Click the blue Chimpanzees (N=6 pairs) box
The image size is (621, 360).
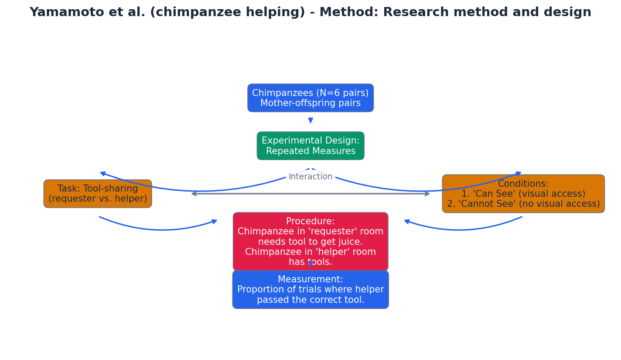[x=310, y=98]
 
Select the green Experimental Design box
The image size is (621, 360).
[x=310, y=146]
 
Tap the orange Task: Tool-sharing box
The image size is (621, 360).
[x=98, y=194]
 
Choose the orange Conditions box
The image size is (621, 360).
[x=523, y=194]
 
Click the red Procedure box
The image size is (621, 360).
[x=310, y=241]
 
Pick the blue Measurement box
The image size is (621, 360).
[x=310, y=289]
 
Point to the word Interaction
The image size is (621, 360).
[x=310, y=177]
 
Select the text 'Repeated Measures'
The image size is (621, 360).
[x=310, y=151]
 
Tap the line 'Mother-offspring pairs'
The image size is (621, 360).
[x=310, y=103]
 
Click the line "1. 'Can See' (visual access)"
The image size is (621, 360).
[x=523, y=194]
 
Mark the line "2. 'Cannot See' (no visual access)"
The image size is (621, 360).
[x=523, y=204]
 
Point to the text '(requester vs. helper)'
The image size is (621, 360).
[x=98, y=199]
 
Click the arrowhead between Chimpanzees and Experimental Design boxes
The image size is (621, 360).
[x=310, y=120]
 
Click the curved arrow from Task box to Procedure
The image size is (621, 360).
[x=161, y=230]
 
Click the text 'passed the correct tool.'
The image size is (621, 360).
[x=310, y=300]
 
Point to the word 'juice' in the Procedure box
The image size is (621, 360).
[x=350, y=242]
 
